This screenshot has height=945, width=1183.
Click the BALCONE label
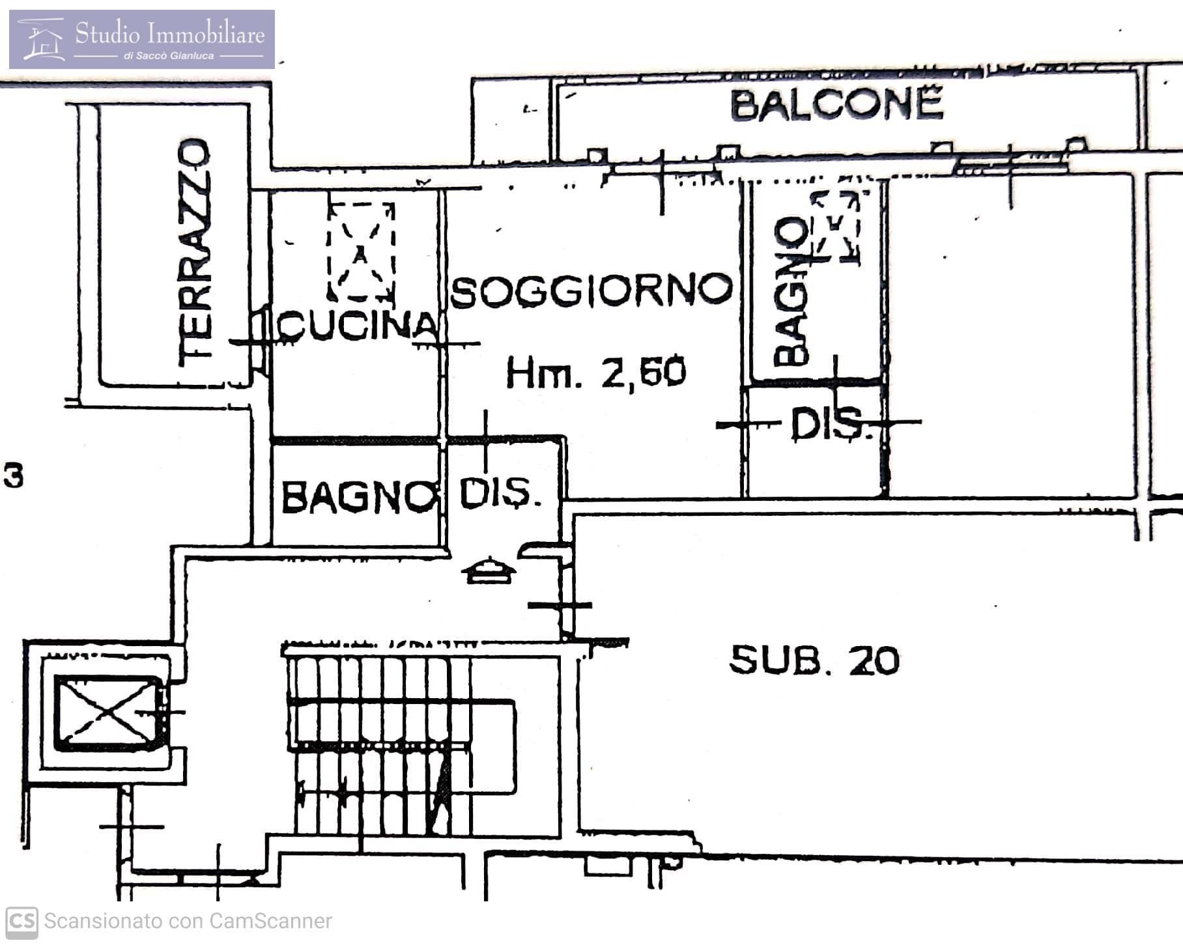click(x=837, y=105)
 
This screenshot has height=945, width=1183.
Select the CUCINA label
click(x=358, y=324)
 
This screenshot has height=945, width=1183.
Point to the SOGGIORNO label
click(x=591, y=290)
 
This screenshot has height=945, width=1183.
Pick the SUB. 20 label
click(x=814, y=660)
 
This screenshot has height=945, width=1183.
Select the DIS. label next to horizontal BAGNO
click(x=500, y=494)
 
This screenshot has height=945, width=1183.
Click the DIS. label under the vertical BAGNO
click(x=831, y=424)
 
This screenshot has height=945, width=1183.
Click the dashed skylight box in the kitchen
click(x=361, y=251)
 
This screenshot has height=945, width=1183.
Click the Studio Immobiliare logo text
click(x=170, y=33)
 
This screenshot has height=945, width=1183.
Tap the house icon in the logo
click(x=42, y=39)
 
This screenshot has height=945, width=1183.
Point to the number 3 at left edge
click(x=14, y=475)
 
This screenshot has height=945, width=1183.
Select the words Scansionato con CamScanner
click(x=188, y=922)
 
